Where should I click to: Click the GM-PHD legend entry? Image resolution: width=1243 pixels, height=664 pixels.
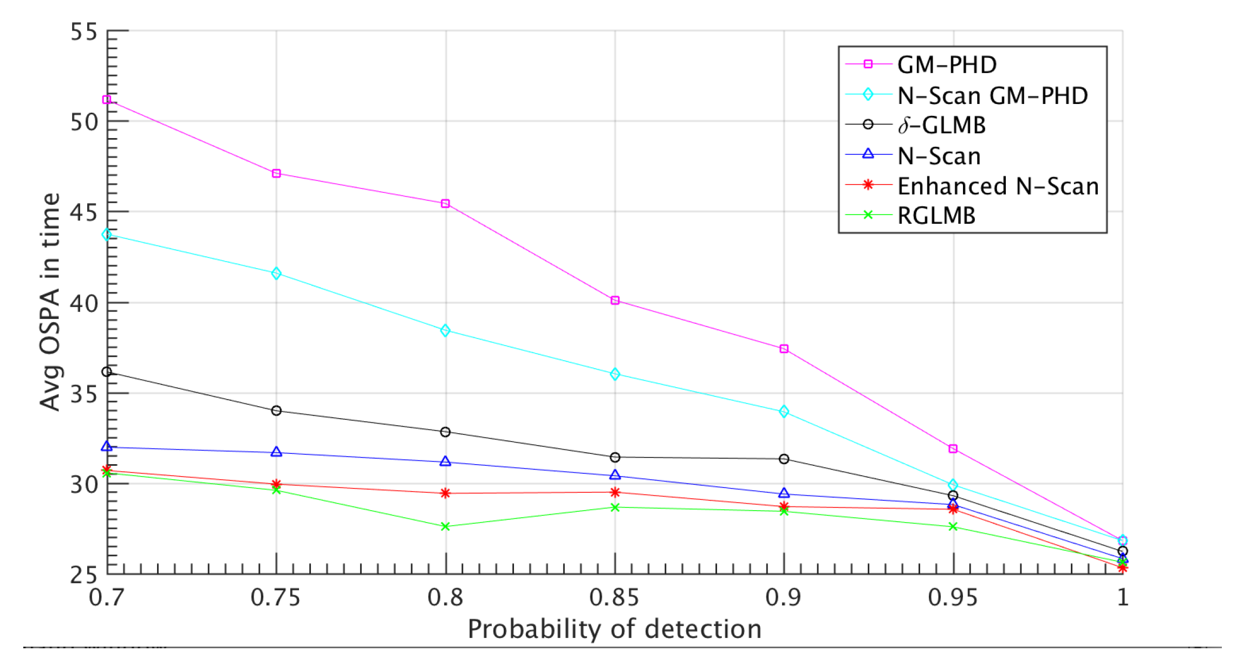pos(946,65)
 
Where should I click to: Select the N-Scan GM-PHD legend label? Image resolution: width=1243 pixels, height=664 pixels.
pos(992,96)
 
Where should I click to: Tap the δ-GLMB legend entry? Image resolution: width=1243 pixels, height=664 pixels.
pos(941,126)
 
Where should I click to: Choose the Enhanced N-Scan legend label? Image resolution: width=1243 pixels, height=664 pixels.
pos(998,186)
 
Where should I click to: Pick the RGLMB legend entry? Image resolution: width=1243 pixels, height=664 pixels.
pos(936,216)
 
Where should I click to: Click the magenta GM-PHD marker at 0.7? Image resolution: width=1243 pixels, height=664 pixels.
pos(107,100)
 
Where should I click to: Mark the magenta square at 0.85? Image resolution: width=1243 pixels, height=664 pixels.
pos(615,301)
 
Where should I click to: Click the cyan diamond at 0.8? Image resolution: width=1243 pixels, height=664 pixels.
pos(445,330)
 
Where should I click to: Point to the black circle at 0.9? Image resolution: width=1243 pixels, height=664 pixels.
pos(784,459)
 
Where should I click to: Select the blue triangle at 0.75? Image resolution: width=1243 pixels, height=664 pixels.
pos(276,452)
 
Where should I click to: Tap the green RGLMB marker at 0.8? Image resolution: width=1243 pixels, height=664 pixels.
pos(445,526)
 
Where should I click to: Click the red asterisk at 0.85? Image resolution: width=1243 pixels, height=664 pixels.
pos(615,492)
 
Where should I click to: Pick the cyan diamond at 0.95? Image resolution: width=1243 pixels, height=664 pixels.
pos(953,485)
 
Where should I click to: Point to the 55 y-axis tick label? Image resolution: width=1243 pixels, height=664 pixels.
pos(84,32)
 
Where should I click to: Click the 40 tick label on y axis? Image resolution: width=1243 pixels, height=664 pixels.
pos(84,303)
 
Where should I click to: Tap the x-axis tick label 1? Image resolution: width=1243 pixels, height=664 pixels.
pos(1123,597)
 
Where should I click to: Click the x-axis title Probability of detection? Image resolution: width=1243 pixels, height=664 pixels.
pos(614,629)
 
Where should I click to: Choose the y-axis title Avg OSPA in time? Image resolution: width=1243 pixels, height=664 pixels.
pos(50,302)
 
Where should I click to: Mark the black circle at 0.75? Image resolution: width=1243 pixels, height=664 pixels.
pos(276,411)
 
